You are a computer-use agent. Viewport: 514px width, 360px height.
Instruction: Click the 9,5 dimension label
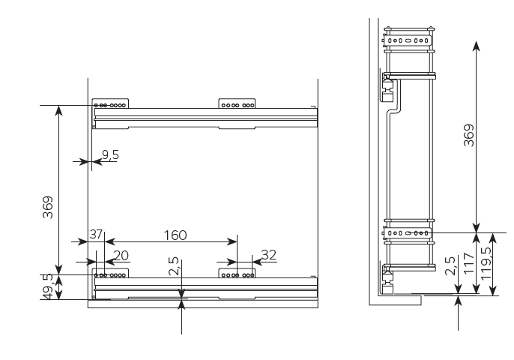coord(110,154)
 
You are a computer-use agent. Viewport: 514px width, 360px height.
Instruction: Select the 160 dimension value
coord(175,235)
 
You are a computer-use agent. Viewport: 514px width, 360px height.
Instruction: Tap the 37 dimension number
coord(96,234)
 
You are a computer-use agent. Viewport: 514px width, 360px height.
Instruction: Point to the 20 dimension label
coord(121,256)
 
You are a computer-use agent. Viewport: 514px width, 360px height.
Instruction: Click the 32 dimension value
coord(269,255)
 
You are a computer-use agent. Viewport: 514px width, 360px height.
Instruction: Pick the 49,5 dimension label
coord(48,286)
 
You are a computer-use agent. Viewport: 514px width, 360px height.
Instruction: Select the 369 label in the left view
coord(48,207)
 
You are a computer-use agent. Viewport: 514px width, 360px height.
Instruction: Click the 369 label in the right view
coord(469,135)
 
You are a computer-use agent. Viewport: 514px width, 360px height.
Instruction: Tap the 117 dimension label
coord(469,263)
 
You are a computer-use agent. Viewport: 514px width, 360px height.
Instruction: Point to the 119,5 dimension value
coord(486,262)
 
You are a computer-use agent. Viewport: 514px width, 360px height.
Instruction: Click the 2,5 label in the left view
coord(174,266)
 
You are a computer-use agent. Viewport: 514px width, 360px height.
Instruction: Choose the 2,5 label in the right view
coord(450,265)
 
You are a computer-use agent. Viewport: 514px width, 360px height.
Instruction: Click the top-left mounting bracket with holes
coord(110,103)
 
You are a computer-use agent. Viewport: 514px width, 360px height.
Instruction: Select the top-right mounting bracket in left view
coord(237,103)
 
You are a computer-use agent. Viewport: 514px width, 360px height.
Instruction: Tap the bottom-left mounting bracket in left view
coord(110,273)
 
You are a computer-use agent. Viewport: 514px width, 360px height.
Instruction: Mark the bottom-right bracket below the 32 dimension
coord(237,273)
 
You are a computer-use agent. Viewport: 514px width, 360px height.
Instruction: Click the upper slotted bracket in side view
coord(408,40)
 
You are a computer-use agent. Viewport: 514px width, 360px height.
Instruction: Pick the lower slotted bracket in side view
coord(406,233)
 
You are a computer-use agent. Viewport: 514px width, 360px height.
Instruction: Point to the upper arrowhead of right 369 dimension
coord(477,46)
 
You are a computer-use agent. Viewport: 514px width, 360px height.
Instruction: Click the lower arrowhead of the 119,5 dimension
coord(493,290)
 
